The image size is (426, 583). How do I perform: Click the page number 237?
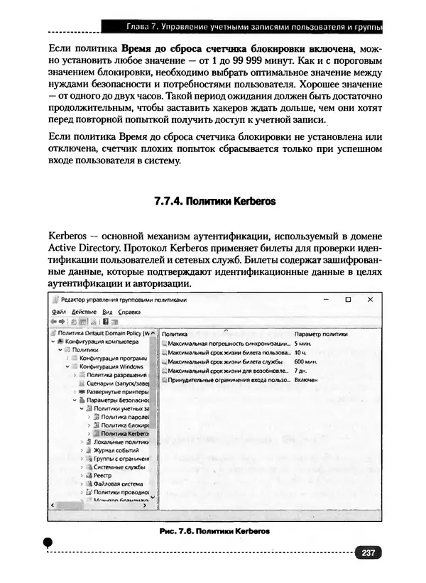(368, 553)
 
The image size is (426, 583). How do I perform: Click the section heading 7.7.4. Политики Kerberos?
(214, 201)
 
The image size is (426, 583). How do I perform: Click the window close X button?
(369, 300)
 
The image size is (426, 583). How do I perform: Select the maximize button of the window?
(348, 300)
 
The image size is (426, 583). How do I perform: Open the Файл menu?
(59, 312)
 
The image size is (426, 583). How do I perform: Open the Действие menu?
(84, 312)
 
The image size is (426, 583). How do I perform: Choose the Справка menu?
(129, 312)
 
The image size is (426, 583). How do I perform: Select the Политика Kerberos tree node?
(124, 433)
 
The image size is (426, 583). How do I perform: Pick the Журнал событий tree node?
(116, 450)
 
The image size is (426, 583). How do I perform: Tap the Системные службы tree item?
(119, 467)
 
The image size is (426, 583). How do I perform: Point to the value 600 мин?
(305, 361)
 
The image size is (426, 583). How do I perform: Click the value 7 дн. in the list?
(300, 370)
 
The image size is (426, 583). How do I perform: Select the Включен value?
(306, 380)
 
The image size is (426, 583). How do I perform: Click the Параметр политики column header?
(321, 332)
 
